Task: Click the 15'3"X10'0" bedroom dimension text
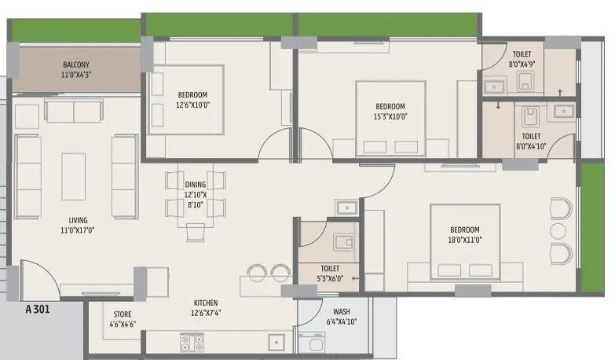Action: coord(390,116)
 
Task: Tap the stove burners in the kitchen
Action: coord(191,342)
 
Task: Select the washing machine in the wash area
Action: coord(309,343)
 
